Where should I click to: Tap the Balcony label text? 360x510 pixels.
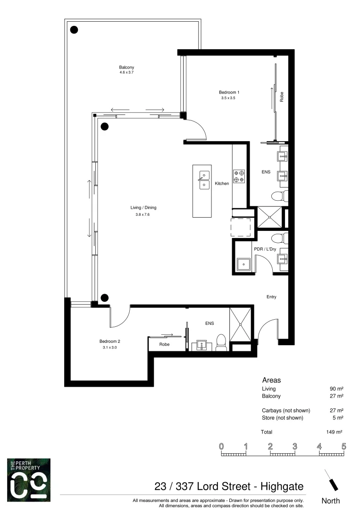point(126,68)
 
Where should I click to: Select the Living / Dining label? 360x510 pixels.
point(143,207)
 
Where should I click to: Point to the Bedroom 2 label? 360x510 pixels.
point(109,341)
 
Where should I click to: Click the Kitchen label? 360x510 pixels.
point(222,183)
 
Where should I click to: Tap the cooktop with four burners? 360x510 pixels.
point(239,176)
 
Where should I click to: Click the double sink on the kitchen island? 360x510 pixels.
point(204,180)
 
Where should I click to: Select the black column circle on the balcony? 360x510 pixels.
point(74,30)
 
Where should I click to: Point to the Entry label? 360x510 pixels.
point(271,297)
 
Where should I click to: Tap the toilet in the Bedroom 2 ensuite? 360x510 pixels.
point(221,343)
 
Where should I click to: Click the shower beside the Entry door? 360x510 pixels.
point(241,324)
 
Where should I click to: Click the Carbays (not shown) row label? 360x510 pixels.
point(285,410)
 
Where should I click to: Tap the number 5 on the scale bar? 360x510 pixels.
point(344,446)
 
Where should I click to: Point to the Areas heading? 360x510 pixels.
point(271,380)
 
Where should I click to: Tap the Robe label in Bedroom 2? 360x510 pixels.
point(164,345)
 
